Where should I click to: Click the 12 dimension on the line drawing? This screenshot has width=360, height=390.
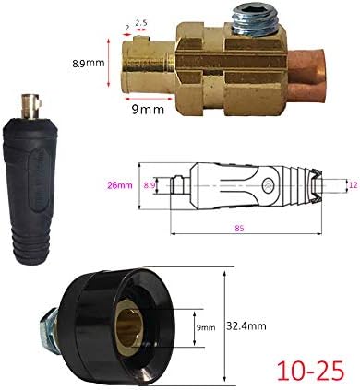click(x=351, y=184)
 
